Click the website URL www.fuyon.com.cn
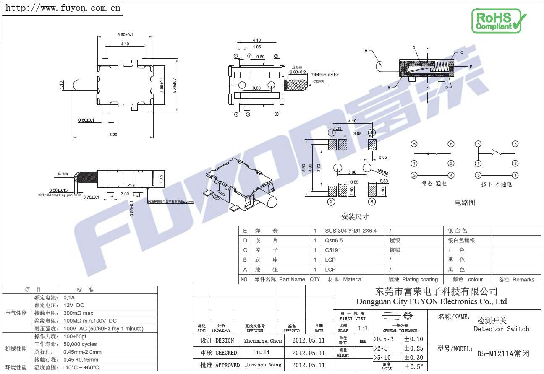click(63, 8)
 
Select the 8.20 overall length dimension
click(113, 135)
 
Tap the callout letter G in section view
click(414, 48)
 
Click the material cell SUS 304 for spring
click(350, 231)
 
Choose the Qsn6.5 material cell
click(334, 241)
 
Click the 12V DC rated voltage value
click(74, 305)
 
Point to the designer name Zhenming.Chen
click(263, 341)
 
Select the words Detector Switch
click(501, 329)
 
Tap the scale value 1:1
click(363, 328)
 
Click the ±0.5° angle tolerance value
click(413, 367)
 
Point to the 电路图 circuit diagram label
click(465, 203)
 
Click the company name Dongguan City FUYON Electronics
click(431, 301)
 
